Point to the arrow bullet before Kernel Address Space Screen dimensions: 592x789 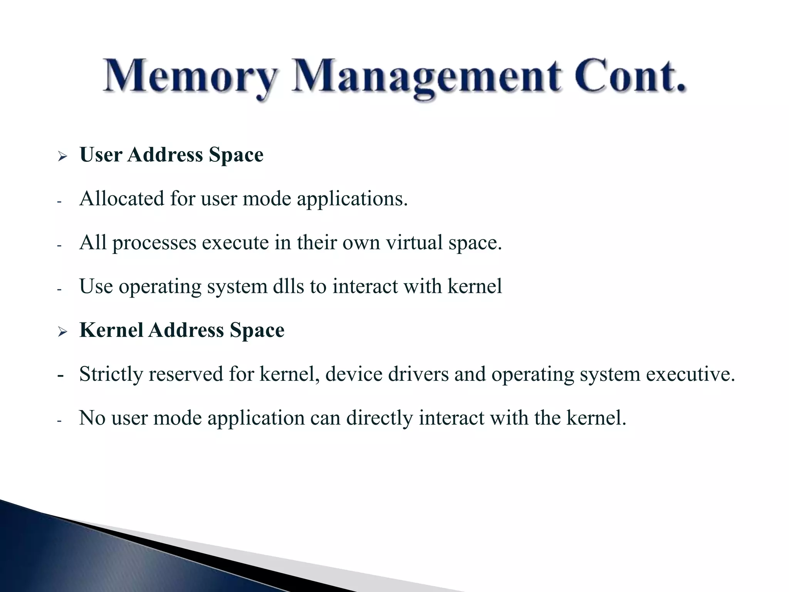coord(62,331)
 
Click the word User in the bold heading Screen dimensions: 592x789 coord(101,155)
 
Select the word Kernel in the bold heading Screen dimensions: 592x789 coord(111,330)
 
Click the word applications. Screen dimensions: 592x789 coord(352,200)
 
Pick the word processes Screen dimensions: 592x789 coord(154,244)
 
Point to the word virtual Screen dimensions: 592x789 coord(414,243)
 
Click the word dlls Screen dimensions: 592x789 coord(288,286)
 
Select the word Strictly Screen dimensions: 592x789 coord(111,375)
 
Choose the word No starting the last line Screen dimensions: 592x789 coord(92,418)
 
